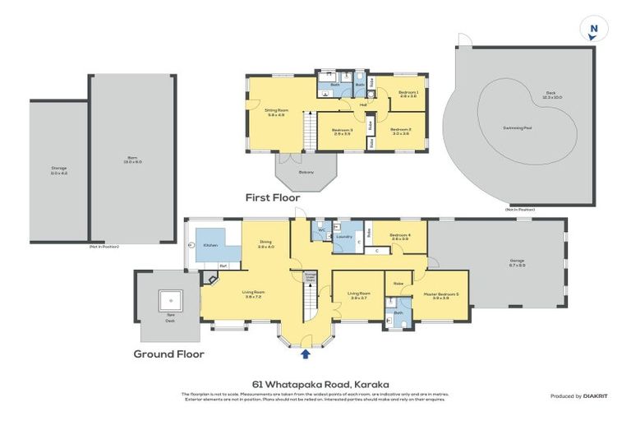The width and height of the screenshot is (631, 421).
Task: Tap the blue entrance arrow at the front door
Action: click(x=306, y=354)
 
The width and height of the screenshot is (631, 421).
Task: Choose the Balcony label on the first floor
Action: click(x=306, y=172)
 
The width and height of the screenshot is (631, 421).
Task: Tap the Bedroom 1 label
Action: click(x=408, y=93)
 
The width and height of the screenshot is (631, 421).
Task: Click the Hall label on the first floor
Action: click(x=362, y=105)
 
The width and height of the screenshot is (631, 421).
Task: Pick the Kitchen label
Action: click(x=210, y=246)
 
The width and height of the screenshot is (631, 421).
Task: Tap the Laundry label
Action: click(x=344, y=238)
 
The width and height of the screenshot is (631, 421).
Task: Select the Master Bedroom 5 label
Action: click(x=435, y=295)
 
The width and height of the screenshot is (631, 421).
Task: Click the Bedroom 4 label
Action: click(x=400, y=235)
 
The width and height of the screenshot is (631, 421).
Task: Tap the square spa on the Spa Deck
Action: click(x=170, y=300)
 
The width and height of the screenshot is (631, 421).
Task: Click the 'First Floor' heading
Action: click(x=273, y=198)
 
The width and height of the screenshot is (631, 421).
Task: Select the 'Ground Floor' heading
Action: click(x=168, y=354)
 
